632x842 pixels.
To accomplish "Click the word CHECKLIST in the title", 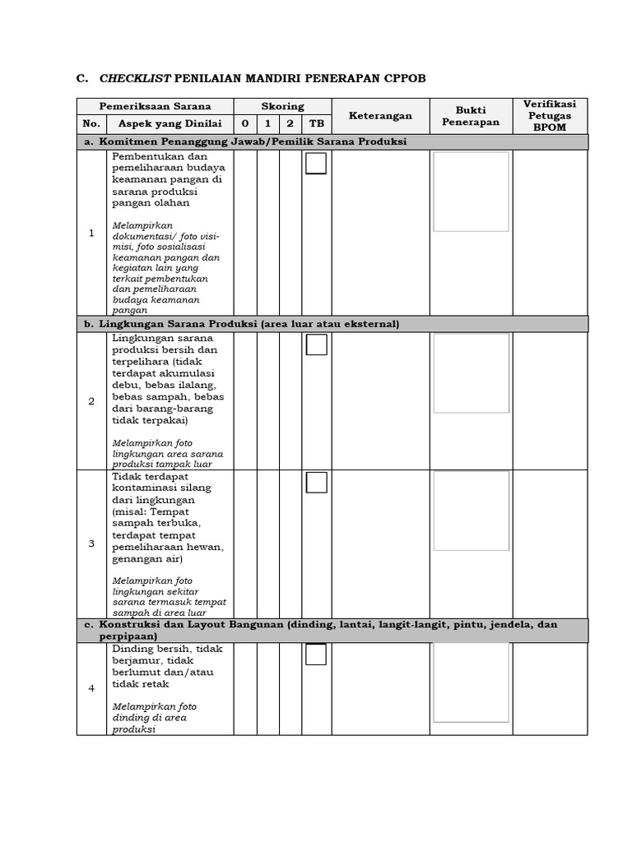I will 135,79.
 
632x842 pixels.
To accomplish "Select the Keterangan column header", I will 380,116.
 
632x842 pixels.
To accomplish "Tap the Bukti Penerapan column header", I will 471,116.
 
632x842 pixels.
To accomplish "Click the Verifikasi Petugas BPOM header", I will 550,116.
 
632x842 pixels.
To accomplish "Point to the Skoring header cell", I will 282,106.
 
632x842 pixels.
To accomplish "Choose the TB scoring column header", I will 316,124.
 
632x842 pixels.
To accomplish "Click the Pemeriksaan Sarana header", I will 156,106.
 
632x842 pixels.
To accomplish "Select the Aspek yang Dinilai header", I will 170,124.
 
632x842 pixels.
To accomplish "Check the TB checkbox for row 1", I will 316,164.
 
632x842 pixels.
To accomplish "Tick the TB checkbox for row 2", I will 316,345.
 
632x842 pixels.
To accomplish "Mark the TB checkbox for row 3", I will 316,483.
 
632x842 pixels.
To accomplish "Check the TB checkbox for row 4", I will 316,655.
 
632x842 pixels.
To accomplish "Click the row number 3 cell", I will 91,544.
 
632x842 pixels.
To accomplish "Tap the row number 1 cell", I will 91,234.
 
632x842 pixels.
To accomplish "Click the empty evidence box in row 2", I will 472,373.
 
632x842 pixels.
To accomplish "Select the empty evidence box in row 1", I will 471,192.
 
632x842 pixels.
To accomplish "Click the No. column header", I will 91,124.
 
